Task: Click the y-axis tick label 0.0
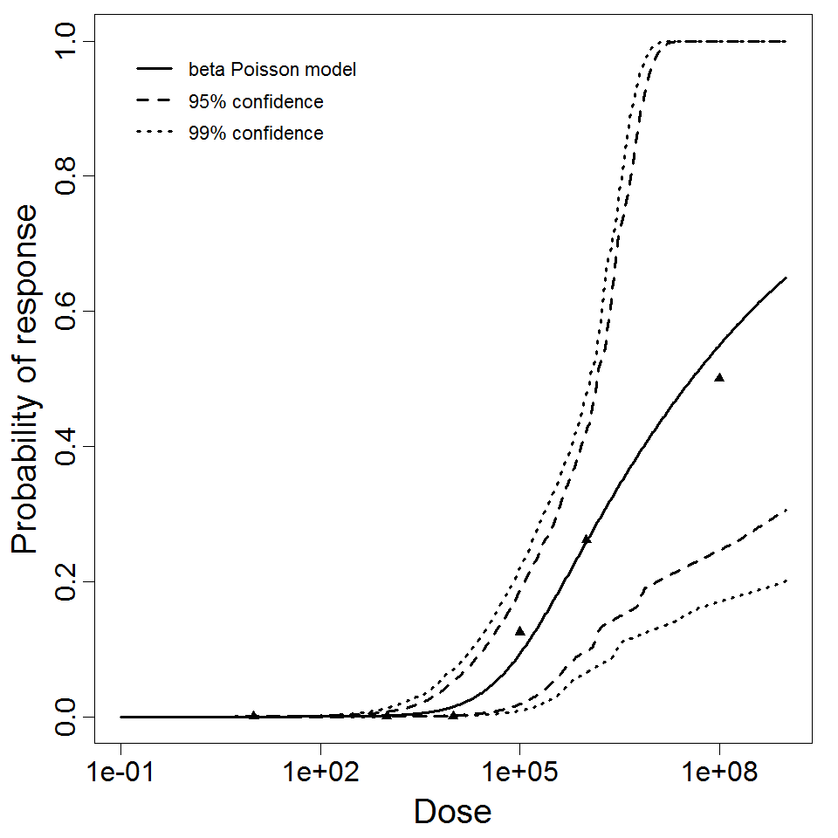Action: (71, 717)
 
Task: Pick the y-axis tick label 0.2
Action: (71, 581)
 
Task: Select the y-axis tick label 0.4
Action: (71, 446)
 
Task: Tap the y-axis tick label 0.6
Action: (71, 312)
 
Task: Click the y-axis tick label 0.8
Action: (71, 176)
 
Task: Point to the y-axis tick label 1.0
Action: (71, 42)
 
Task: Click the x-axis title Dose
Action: (452, 812)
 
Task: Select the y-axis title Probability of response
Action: (25, 380)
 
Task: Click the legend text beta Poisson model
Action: (271, 69)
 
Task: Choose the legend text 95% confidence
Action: (255, 102)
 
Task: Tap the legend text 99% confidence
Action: (255, 134)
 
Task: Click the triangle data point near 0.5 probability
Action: (719, 377)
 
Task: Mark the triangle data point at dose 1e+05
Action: (519, 630)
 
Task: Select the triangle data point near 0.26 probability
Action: (586, 539)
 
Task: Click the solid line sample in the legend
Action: (153, 69)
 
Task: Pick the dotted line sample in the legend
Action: (153, 134)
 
